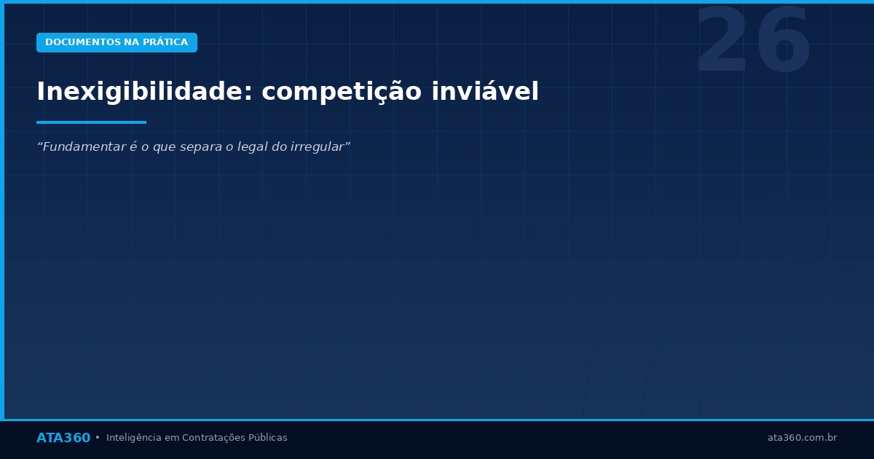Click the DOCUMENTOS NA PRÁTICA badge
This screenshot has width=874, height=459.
(x=117, y=42)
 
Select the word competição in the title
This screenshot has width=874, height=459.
(x=342, y=93)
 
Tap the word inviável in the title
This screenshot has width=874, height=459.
(x=486, y=93)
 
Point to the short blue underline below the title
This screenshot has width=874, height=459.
(x=91, y=122)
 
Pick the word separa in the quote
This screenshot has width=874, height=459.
(x=200, y=147)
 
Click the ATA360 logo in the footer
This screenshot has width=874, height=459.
(x=63, y=438)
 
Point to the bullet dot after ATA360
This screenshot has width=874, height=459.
(x=98, y=438)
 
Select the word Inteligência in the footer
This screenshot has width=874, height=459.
(x=134, y=438)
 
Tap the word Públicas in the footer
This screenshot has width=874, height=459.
(x=268, y=438)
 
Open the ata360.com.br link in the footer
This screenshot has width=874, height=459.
(x=802, y=438)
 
